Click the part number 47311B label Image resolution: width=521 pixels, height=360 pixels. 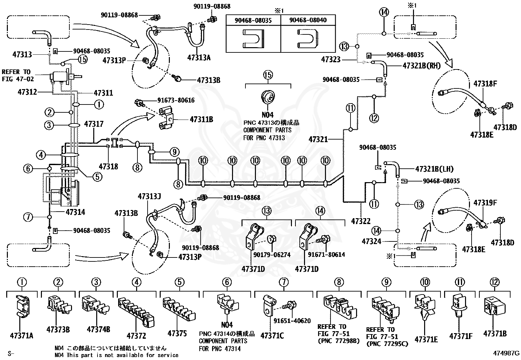tap(201, 119)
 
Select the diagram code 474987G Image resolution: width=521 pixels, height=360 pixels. tap(506, 353)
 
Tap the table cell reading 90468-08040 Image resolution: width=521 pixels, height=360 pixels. tap(308, 20)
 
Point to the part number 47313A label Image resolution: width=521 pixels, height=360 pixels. tap(199, 58)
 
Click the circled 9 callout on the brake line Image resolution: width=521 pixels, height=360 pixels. tap(174, 152)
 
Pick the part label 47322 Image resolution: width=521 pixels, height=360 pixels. tap(361, 221)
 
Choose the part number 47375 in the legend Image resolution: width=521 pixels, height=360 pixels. tap(177, 333)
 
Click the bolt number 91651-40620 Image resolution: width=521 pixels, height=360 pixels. tap(292, 321)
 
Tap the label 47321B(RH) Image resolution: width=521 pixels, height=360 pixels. tap(422, 66)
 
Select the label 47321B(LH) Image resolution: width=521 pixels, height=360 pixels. tap(434, 169)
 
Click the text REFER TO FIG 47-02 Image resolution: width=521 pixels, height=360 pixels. tap(18, 75)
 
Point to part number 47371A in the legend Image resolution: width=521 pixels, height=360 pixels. tap(22, 335)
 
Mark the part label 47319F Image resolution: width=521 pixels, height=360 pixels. tap(485, 202)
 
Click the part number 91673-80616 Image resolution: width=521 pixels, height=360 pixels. tap(176, 100)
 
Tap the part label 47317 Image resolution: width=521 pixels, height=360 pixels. tap(94, 124)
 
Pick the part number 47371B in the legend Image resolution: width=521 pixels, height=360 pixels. tap(495, 333)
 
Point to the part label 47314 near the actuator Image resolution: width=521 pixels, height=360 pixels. tap(75, 212)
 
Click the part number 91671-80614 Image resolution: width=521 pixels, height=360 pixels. tap(327, 254)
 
